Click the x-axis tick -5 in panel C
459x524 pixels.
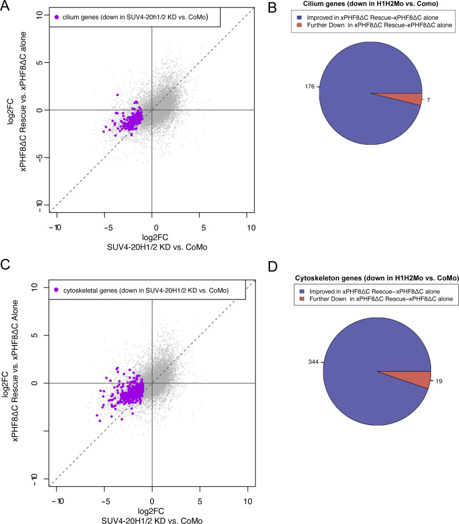(x=105, y=501)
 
